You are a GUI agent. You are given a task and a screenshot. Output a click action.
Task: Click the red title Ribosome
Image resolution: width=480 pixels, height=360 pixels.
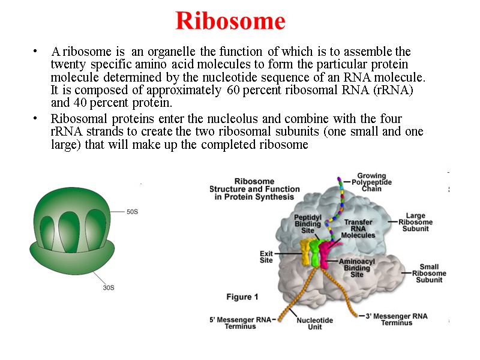[x=230, y=22]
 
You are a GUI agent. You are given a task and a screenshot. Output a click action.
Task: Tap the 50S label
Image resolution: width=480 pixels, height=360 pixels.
[x=133, y=212]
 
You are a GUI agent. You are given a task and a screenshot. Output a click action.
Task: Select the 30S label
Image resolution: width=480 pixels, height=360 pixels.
[x=108, y=288]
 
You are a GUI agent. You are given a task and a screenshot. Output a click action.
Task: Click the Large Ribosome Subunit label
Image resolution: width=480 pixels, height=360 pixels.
[x=416, y=222]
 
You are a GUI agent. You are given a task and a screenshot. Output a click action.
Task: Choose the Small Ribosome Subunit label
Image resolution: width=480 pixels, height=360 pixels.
[x=429, y=274]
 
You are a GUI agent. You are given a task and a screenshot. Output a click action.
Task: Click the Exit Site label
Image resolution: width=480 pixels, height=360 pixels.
[x=266, y=257]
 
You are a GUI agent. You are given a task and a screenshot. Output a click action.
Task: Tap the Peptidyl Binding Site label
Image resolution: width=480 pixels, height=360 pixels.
[x=307, y=223]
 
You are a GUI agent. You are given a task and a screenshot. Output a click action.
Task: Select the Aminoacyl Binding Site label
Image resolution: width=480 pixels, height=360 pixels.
[x=357, y=268]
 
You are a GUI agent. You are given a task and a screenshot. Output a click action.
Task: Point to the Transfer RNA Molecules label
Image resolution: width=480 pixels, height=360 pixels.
[x=358, y=229]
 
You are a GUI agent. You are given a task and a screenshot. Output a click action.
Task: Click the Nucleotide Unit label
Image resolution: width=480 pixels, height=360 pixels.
[x=315, y=323]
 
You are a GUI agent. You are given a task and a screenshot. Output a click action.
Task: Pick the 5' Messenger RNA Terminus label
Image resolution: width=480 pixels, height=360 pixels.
[x=240, y=322]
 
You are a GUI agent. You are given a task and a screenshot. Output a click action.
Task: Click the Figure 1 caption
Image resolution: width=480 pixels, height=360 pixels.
[x=242, y=296]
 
